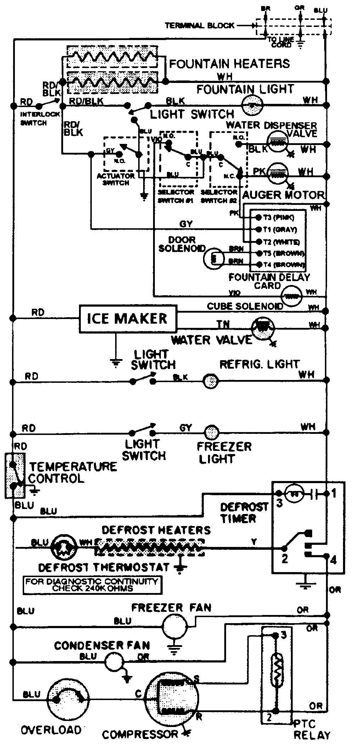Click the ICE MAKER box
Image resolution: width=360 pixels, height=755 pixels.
[128, 318]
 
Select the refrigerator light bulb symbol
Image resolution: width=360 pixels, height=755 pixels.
[211, 381]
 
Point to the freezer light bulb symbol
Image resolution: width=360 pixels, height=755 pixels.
[212, 432]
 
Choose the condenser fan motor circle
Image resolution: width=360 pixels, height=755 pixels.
[114, 661]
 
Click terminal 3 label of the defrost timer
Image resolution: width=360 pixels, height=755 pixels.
[279, 503]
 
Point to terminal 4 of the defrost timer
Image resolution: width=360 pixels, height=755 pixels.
[333, 560]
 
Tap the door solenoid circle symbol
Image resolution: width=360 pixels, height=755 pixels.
[214, 257]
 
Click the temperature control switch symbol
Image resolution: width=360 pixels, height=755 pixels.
[15, 476]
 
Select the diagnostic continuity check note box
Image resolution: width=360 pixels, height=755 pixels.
[92, 585]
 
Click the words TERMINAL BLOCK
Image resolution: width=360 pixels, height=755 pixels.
[199, 26]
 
